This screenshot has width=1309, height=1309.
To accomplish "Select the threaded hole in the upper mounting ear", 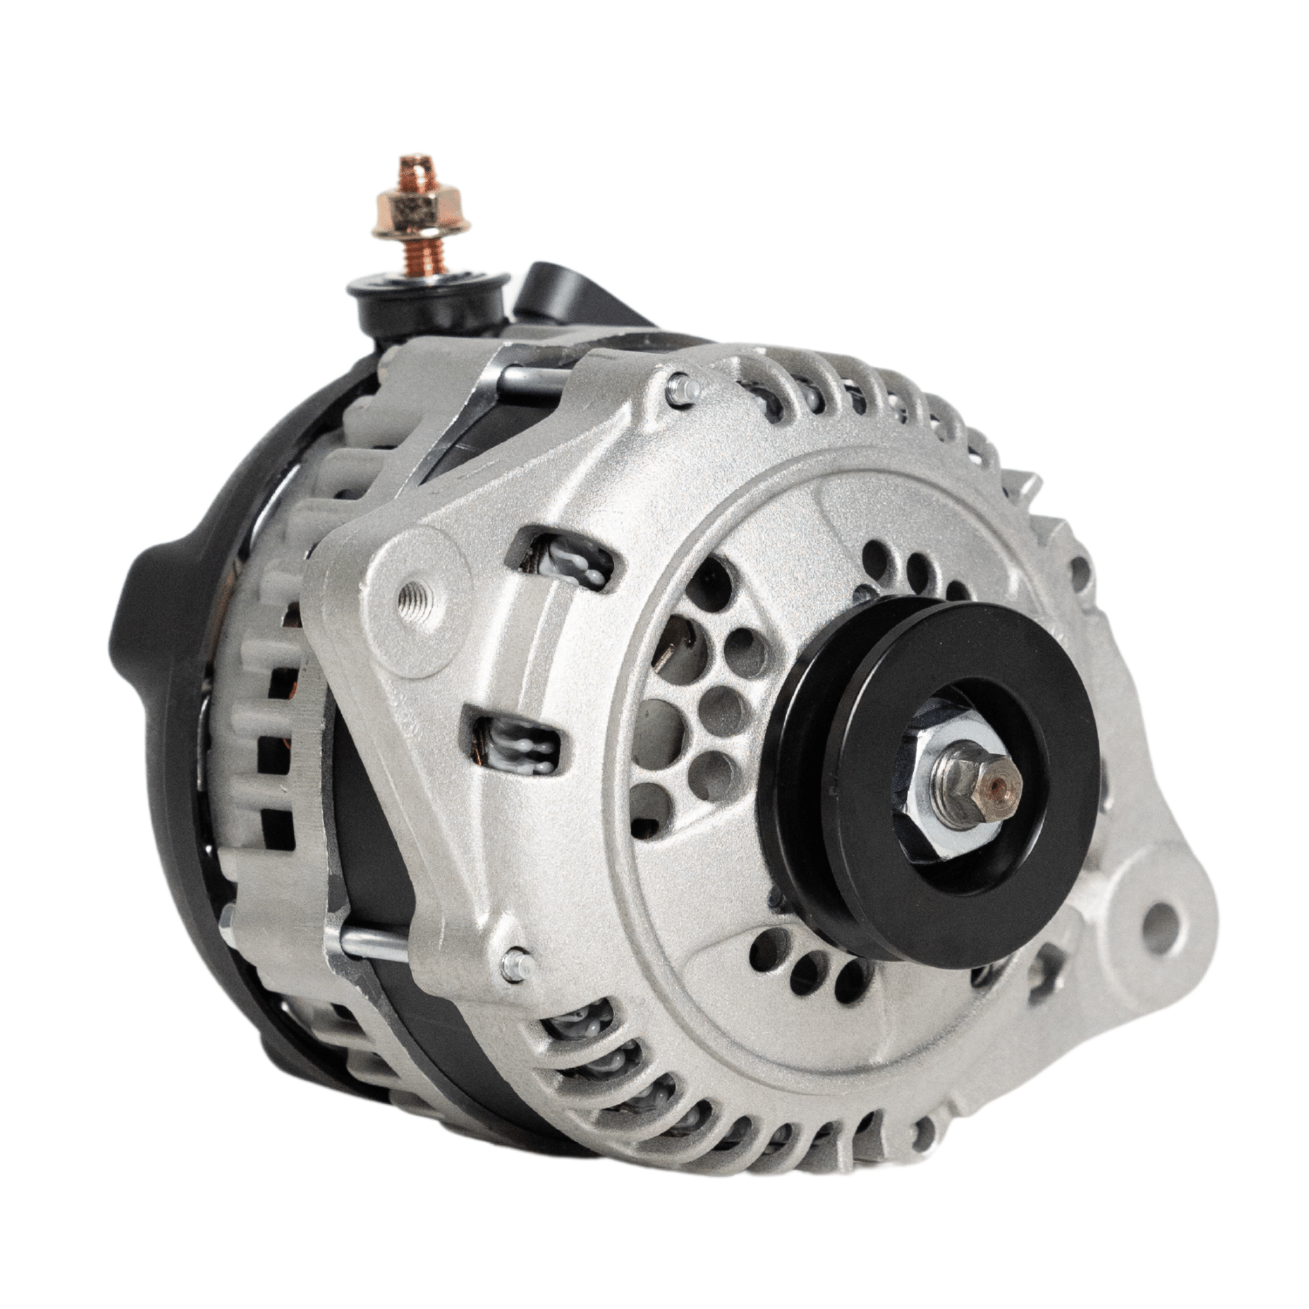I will coord(414,598).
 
